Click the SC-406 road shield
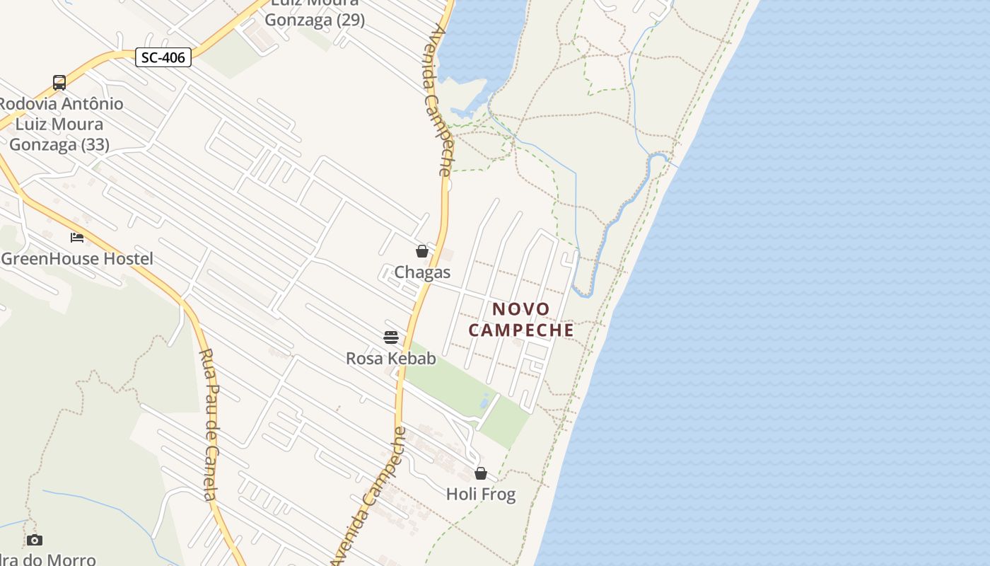[x=163, y=57]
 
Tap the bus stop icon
[x=59, y=83]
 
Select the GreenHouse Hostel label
[x=77, y=259]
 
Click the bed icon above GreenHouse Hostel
[x=77, y=238]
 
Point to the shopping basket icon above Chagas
[x=422, y=251]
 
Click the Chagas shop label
[x=422, y=272]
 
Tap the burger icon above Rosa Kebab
[x=391, y=337]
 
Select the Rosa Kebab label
[x=391, y=359]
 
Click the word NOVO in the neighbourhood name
[x=521, y=309]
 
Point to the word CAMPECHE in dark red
[x=521, y=330]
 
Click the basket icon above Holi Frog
[x=481, y=473]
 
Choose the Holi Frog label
[x=481, y=495]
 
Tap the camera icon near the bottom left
[x=35, y=541]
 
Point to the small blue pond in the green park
[x=484, y=401]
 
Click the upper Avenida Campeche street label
[x=439, y=99]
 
